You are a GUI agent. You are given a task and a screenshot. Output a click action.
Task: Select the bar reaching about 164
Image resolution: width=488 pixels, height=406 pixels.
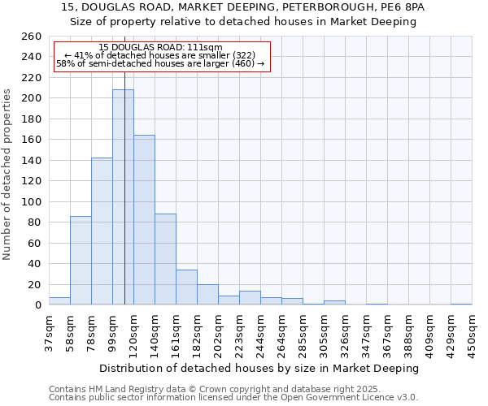pos(144,220)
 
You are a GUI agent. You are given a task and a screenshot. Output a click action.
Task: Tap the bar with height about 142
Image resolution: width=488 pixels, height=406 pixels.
pos(102,231)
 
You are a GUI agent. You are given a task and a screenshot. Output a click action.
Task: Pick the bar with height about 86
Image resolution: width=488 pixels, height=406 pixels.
pos(81,260)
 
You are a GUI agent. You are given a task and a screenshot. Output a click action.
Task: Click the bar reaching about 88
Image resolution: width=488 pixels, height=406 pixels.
pos(165,259)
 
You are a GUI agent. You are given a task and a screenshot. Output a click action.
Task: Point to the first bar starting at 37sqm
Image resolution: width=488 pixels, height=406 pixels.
pos(59,300)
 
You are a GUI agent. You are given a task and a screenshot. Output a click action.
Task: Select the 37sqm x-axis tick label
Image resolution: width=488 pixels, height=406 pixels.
pos(49,334)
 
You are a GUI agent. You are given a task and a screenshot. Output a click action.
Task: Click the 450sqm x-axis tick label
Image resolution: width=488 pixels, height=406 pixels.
pos(472,334)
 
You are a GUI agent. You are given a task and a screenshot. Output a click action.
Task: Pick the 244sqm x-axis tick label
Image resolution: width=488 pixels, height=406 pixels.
pos(260,334)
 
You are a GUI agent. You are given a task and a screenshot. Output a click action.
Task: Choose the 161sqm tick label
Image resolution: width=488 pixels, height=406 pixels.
pos(176,334)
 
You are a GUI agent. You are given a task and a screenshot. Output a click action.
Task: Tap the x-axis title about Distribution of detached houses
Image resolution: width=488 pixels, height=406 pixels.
pos(259,368)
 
